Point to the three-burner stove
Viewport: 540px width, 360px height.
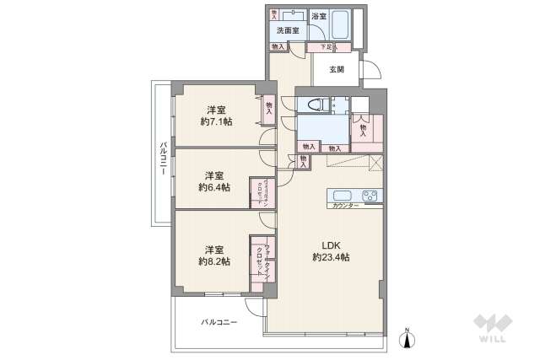tap(372, 195)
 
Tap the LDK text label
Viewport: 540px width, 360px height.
tap(330, 244)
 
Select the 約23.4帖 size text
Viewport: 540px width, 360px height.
tap(330, 256)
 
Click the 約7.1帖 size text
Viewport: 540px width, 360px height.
tap(216, 121)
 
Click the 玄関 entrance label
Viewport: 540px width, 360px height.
tap(336, 69)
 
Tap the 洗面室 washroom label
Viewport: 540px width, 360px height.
tap(288, 31)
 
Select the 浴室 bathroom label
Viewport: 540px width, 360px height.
tap(318, 16)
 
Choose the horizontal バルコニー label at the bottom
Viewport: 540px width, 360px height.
tap(219, 322)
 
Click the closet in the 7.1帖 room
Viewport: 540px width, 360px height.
tap(268, 108)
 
